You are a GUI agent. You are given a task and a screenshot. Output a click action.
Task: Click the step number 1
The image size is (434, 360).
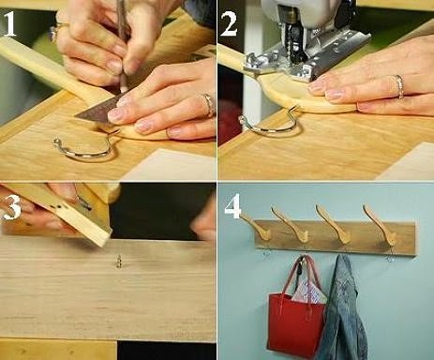tap(9, 24)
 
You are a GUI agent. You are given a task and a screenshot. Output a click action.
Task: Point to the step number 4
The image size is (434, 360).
tap(232, 206)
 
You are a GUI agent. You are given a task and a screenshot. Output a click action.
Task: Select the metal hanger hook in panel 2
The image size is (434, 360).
tap(270, 124)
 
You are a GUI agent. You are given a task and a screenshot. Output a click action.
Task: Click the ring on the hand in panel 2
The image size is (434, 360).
tap(399, 86)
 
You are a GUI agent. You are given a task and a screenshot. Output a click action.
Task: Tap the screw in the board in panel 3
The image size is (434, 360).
tap(119, 262)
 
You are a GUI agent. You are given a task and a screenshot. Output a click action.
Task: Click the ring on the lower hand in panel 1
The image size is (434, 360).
tap(209, 104)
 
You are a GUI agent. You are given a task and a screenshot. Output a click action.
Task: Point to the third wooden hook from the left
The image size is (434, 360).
tap(332, 224)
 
